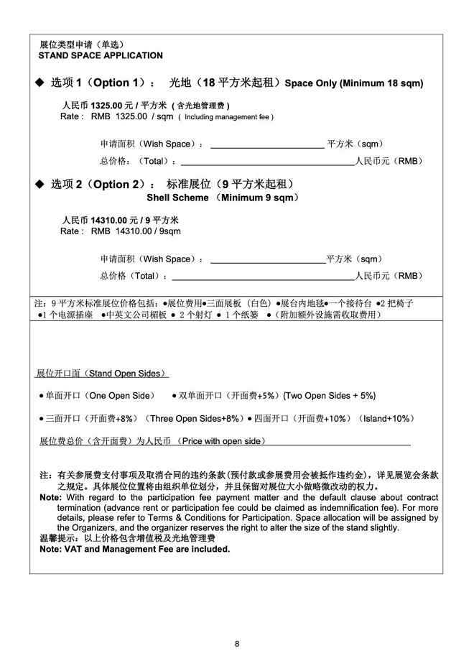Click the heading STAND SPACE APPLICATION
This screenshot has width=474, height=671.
pyautogui.click(x=101, y=55)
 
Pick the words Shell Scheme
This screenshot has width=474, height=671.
pyautogui.click(x=177, y=198)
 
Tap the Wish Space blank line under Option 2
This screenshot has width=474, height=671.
pyautogui.click(x=266, y=259)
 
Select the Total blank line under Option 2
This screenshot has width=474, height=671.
pyautogui.click(x=264, y=277)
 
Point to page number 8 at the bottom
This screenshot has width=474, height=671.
pyautogui.click(x=237, y=643)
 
